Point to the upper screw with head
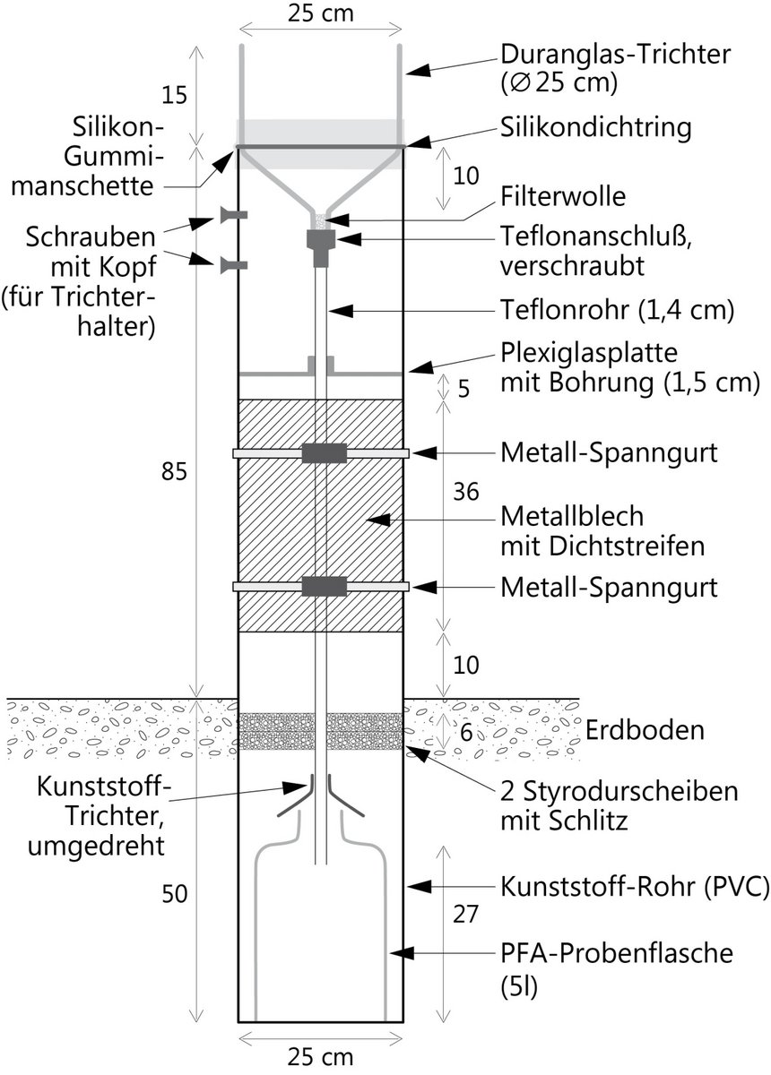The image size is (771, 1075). (x=232, y=215)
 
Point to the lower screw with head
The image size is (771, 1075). (x=232, y=264)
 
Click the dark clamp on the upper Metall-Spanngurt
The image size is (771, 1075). (x=324, y=453)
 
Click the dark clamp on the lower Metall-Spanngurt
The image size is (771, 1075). (x=324, y=587)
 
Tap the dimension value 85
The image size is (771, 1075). (x=175, y=472)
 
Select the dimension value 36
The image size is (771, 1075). (x=466, y=492)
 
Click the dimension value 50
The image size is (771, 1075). (x=175, y=893)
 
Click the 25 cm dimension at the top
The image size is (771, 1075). (x=321, y=13)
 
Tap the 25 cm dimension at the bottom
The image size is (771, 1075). (x=321, y=1056)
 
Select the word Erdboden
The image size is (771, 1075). (x=645, y=730)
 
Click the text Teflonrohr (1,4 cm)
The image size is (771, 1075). (x=618, y=310)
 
